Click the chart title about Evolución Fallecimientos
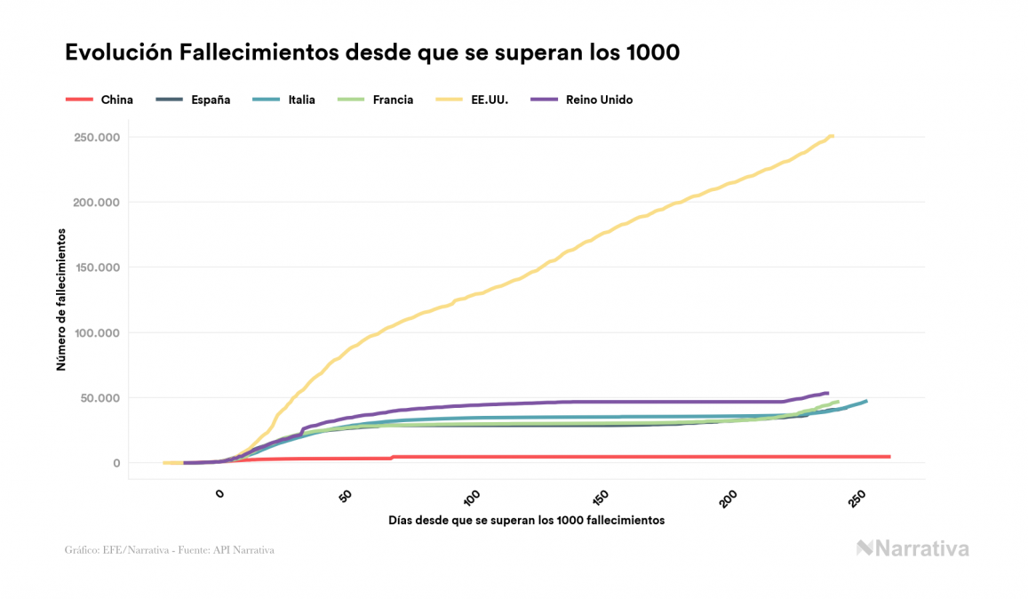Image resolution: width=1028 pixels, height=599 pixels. click(372, 52)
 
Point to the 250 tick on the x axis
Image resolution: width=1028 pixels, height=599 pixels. click(857, 499)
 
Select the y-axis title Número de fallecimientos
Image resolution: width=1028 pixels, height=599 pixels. click(61, 299)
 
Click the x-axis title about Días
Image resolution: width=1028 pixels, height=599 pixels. click(526, 520)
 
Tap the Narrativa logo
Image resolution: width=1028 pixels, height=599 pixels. click(912, 548)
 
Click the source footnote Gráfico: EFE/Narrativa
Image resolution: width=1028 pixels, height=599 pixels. click(170, 550)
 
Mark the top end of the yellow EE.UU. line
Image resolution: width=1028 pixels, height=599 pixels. click(832, 136)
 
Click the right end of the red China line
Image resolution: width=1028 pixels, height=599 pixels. click(889, 457)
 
